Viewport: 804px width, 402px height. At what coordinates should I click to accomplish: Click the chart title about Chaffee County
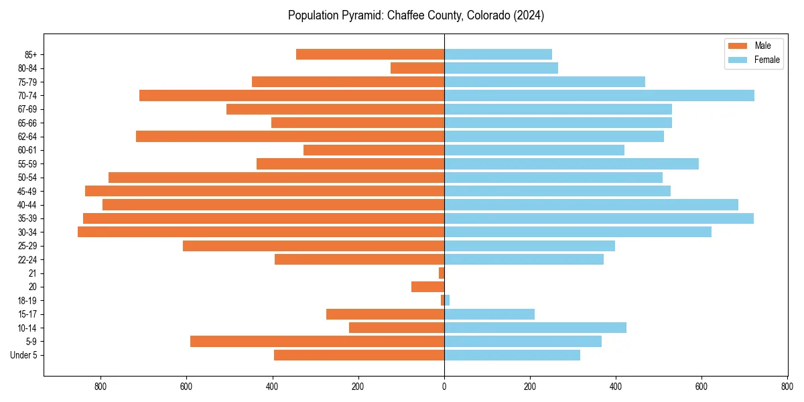click(x=415, y=15)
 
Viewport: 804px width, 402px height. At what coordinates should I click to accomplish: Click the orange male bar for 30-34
click(x=261, y=232)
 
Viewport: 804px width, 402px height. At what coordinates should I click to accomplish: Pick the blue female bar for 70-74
click(x=599, y=95)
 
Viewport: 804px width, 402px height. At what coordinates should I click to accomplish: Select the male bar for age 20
click(x=427, y=287)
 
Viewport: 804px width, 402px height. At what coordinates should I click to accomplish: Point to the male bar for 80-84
click(x=417, y=68)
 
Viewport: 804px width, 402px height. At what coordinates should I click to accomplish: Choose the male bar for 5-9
click(x=317, y=342)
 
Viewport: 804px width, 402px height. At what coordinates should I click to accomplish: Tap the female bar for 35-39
click(x=598, y=218)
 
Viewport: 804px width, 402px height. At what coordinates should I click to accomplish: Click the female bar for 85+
click(x=498, y=54)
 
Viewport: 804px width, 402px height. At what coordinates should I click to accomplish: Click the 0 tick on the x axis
click(x=444, y=387)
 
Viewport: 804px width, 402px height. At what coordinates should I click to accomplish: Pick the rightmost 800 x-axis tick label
click(x=787, y=387)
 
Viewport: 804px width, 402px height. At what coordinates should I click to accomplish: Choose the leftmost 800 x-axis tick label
click(x=100, y=387)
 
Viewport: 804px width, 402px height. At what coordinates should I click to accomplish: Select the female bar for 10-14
click(x=535, y=328)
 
